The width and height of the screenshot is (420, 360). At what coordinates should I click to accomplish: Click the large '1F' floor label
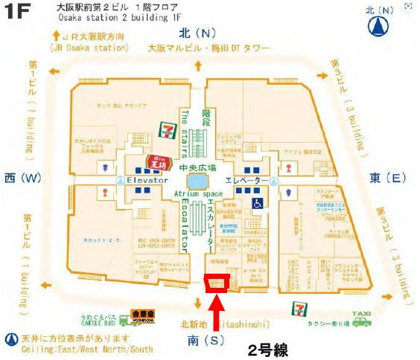(22, 16)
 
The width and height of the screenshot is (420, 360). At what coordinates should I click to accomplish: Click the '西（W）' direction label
(22, 178)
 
